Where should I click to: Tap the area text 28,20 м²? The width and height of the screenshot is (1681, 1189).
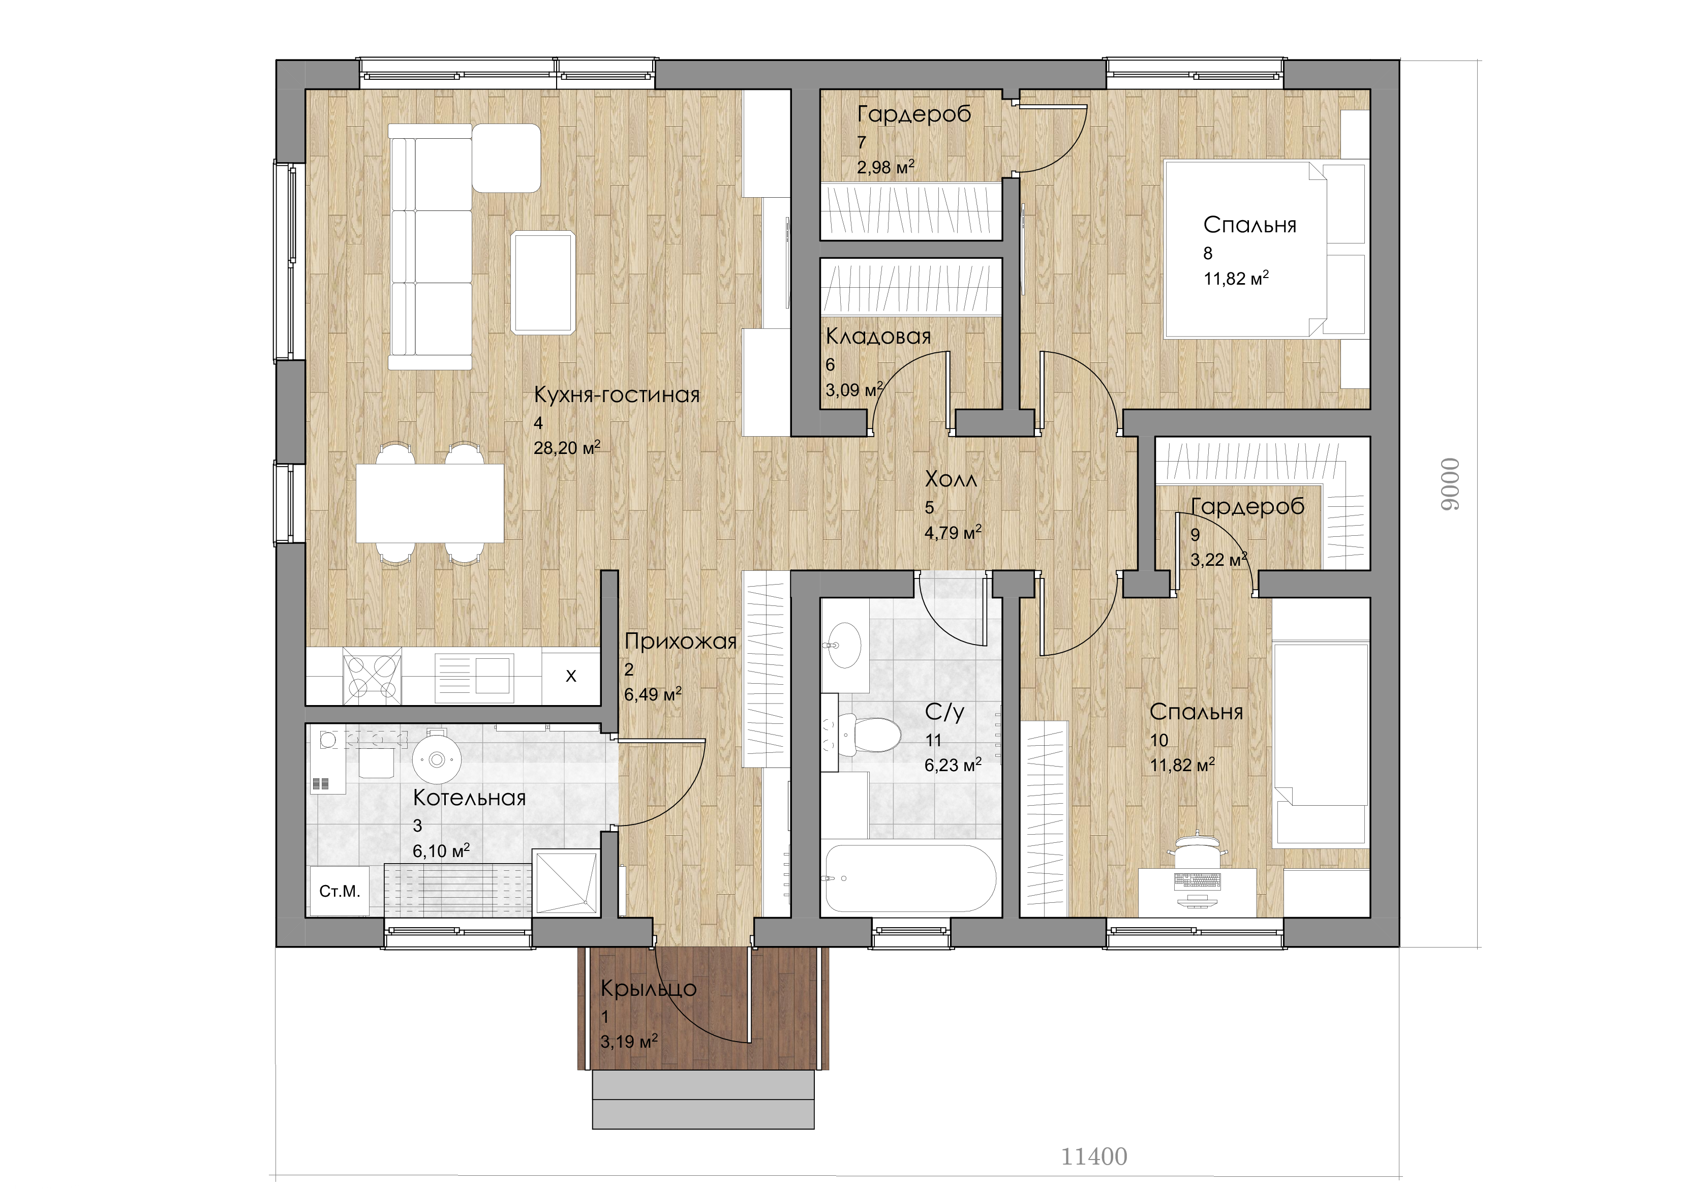567,447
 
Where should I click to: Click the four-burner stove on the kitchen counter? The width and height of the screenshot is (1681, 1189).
372,676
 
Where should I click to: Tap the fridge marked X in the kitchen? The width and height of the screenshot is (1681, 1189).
571,676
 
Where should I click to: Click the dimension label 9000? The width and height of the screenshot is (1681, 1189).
1450,491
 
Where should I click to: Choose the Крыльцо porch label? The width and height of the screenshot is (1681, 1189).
649,990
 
